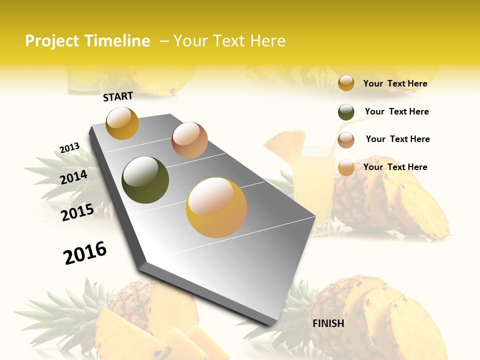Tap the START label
(x=118, y=96)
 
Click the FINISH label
(x=328, y=323)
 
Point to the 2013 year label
(x=69, y=148)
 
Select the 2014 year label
(x=73, y=177)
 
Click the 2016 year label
(x=85, y=253)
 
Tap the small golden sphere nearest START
(x=122, y=123)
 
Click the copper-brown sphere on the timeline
(x=189, y=140)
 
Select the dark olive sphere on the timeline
(x=145, y=180)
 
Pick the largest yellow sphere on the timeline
(x=216, y=207)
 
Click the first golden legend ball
(x=346, y=83)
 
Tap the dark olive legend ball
(x=346, y=112)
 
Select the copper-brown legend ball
(x=346, y=140)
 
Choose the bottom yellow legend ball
(x=346, y=167)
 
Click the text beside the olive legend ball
(x=396, y=111)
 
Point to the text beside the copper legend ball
(x=397, y=139)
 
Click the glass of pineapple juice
(x=313, y=185)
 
